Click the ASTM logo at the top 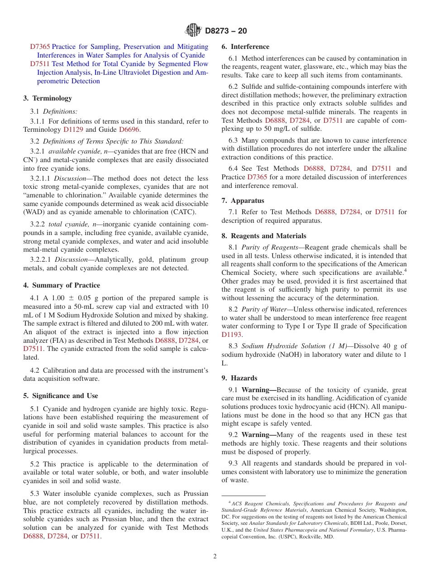[193, 31]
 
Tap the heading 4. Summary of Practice [62, 285]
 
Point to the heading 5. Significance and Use [61, 396]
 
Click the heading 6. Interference [245, 47]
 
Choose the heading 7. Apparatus [243, 201]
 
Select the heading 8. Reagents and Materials [264, 236]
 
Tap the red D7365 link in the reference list [40, 47]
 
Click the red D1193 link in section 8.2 [231, 335]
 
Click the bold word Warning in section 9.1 [258, 390]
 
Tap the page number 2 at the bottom [215, 557]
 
